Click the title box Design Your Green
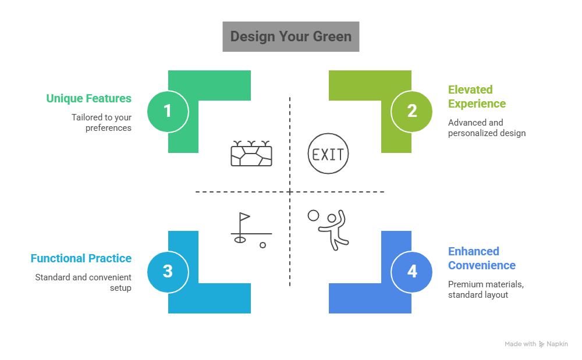coord(291,37)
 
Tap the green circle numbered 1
coord(168,111)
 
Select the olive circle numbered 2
coord(412,111)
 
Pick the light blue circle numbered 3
coord(168,271)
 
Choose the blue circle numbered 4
coord(412,271)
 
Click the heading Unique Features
coord(88,98)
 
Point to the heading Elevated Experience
coord(477,97)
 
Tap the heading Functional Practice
coord(81,258)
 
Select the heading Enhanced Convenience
coord(481,258)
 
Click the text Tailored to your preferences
coord(101,122)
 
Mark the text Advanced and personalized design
coord(487,128)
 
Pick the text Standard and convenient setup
coord(83,283)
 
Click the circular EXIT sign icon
coord(328,154)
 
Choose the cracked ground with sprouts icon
coord(251,153)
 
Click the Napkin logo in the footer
coord(553,344)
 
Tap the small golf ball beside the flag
coord(262,245)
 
